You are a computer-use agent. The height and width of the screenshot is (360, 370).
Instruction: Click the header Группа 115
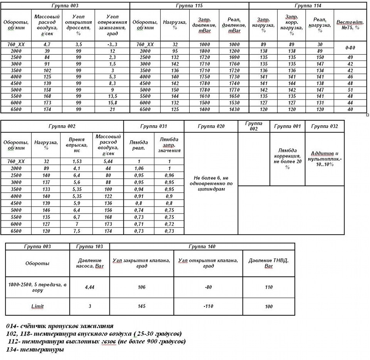[189, 6]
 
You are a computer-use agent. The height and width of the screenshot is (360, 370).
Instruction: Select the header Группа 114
[308, 6]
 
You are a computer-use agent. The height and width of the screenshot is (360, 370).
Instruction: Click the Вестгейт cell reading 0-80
[350, 48]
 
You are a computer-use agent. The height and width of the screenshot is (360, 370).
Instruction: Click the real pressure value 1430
[234, 110]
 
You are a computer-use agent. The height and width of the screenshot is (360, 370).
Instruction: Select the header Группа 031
[153, 126]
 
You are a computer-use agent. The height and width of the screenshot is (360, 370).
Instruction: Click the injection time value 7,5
[76, 231]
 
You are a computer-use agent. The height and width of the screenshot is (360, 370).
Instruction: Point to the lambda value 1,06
[138, 169]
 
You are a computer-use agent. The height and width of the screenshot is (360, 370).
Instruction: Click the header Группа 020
[211, 126]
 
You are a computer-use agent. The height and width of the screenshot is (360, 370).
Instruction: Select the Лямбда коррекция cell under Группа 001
[287, 158]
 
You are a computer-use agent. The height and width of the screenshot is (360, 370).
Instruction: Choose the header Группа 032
[324, 126]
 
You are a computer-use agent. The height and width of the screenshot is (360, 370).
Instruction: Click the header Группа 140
[202, 246]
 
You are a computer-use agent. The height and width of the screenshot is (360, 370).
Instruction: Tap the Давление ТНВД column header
[269, 264]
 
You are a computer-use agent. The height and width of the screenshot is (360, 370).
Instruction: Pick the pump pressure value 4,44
[89, 287]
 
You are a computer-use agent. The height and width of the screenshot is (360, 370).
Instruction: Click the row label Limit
[37, 306]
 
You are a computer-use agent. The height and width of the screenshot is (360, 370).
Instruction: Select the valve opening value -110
[209, 306]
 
